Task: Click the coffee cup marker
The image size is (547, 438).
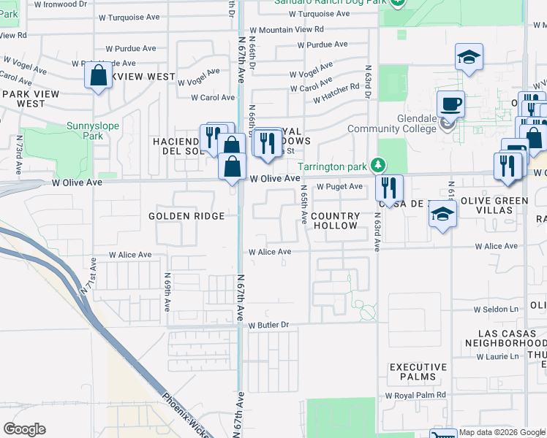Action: point(451,104)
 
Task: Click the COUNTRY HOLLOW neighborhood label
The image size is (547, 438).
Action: point(335,221)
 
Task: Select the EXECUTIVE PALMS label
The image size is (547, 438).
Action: point(418,372)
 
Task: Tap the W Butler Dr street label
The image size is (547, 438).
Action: point(269,325)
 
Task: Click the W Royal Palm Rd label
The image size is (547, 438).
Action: point(415,395)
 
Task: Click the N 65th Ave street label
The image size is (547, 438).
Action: point(302,204)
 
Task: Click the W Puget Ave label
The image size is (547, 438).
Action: point(339,187)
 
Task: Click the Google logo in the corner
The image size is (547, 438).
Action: point(24,429)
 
